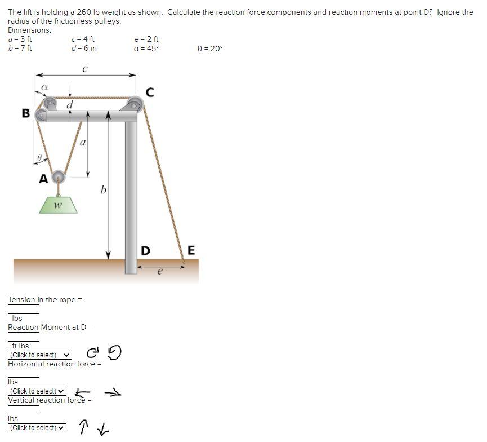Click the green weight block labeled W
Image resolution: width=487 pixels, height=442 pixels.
click(x=58, y=204)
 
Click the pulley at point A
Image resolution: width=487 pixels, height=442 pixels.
click(x=58, y=177)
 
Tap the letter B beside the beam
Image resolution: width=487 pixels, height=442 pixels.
click(x=25, y=113)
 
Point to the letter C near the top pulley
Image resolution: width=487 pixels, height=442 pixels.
click(x=150, y=92)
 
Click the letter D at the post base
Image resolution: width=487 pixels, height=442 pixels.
click(x=145, y=250)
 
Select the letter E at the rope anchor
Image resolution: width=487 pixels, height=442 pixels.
click(x=191, y=250)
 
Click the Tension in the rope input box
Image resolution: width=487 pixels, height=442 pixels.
click(x=24, y=309)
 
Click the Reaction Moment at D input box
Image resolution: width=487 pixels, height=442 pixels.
click(x=24, y=337)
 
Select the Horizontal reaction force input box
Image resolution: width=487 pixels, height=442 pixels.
click(x=24, y=373)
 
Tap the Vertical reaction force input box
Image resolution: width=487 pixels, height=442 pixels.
click(x=24, y=410)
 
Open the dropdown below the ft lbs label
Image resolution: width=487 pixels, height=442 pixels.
click(x=40, y=355)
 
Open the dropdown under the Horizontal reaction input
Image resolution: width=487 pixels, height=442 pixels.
click(x=37, y=391)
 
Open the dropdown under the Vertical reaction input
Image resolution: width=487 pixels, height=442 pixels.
click(x=37, y=428)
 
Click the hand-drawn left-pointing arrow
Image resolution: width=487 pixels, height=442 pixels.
click(x=83, y=392)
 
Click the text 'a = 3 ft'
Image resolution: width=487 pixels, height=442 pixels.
click(x=20, y=39)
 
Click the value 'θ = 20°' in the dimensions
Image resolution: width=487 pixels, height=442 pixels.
click(x=210, y=48)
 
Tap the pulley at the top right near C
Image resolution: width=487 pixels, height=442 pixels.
click(x=135, y=103)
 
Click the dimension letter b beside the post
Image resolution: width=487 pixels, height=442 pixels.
click(x=103, y=190)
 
